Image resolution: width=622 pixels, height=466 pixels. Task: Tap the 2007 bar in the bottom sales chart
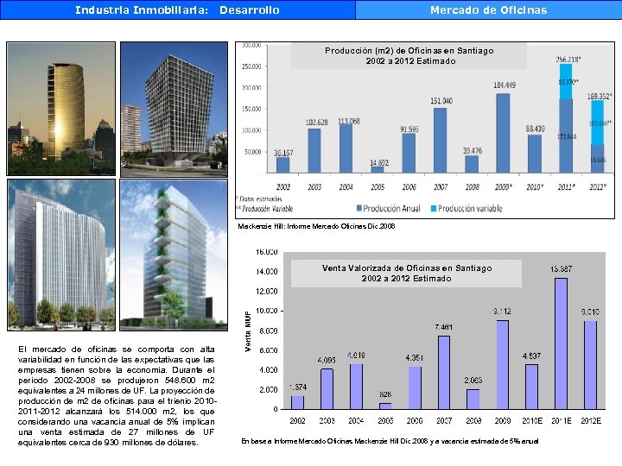444,372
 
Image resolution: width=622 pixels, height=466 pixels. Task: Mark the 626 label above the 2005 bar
385,394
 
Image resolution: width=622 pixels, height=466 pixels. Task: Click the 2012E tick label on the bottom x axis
590,420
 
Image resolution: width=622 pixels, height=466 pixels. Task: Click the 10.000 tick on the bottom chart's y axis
264,310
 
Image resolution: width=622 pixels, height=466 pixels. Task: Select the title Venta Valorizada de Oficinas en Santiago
406,268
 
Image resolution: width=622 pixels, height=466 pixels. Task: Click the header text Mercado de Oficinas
488,10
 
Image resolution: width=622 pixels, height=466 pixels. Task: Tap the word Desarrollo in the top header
250,10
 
